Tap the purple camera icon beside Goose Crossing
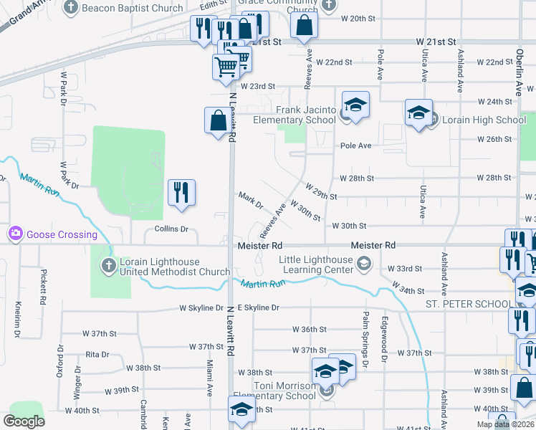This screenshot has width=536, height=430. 15,234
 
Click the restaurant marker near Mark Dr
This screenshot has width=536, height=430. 181,192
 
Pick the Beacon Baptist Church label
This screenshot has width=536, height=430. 133,8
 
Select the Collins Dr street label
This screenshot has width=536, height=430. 171,229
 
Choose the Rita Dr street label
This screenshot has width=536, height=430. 97,354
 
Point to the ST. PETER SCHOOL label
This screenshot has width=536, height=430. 466,305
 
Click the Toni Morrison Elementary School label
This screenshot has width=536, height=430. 274,391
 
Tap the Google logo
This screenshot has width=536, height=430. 24,421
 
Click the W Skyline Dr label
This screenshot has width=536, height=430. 201,308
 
